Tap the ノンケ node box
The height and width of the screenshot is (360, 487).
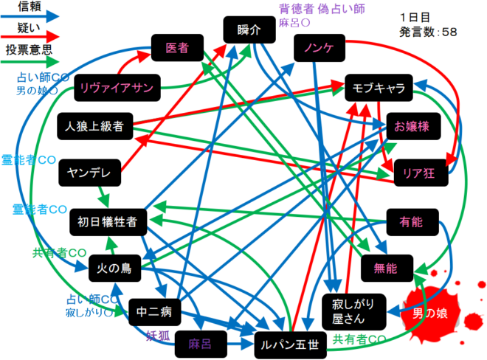pyautogui.click(x=319, y=49)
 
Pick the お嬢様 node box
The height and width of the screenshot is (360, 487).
pyautogui.click(x=412, y=125)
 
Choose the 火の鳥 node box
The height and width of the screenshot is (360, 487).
pyautogui.click(x=114, y=269)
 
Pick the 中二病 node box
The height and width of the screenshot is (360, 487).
pyautogui.click(x=155, y=312)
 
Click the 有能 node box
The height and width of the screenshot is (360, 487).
pyautogui.click(x=412, y=220)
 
